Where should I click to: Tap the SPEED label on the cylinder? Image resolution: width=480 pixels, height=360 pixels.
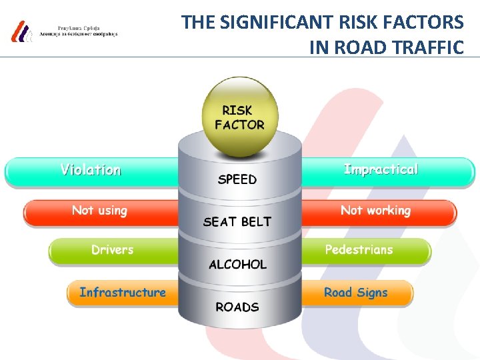pyautogui.click(x=237, y=179)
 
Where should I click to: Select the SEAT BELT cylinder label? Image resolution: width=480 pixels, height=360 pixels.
pyautogui.click(x=237, y=221)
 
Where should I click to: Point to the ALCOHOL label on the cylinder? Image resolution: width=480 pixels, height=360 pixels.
pyautogui.click(x=237, y=265)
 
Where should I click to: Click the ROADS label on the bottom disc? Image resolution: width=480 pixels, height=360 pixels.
pyautogui.click(x=237, y=307)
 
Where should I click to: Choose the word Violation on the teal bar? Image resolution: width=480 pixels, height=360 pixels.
pyautogui.click(x=91, y=170)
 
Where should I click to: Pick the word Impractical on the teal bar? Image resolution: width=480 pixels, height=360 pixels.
pyautogui.click(x=381, y=169)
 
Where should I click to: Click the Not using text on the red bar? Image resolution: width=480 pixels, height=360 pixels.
pyautogui.click(x=99, y=211)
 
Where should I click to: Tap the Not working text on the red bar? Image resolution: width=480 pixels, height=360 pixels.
pyautogui.click(x=375, y=211)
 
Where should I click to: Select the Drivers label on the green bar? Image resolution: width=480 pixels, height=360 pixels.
pyautogui.click(x=112, y=250)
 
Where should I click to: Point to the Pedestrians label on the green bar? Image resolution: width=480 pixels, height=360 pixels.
pyautogui.click(x=359, y=250)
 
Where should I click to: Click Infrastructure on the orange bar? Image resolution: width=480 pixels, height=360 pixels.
pyautogui.click(x=123, y=292)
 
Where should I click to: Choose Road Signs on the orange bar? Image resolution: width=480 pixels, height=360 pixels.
pyautogui.click(x=355, y=292)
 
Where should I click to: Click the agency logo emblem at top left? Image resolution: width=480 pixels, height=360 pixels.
pyautogui.click(x=21, y=31)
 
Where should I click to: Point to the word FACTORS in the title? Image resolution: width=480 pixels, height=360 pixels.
pyautogui.click(x=428, y=23)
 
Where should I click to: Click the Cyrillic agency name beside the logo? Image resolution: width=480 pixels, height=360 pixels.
pyautogui.click(x=79, y=31)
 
